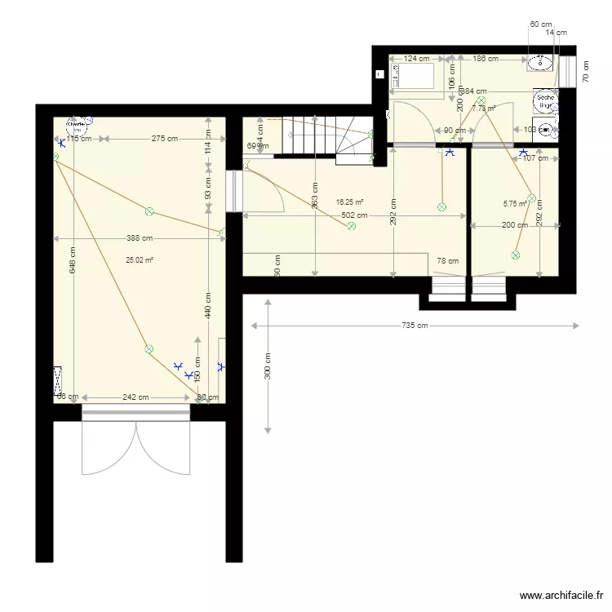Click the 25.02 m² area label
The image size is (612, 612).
click(140, 260)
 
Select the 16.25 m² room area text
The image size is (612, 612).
click(349, 202)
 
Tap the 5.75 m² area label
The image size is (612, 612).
click(516, 205)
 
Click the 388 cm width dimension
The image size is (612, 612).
click(140, 238)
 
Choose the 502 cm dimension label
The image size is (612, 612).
click(354, 216)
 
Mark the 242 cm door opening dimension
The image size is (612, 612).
click(135, 397)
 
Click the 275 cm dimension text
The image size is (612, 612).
click(165, 139)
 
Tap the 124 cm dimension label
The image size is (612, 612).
click(416, 59)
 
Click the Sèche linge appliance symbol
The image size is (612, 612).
click(544, 101)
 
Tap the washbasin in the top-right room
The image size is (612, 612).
click(539, 62)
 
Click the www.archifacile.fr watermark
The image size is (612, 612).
click(563, 596)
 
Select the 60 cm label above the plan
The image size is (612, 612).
click(540, 24)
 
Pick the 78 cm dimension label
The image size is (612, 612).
click(447, 261)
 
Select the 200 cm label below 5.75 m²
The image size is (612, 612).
click(514, 225)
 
